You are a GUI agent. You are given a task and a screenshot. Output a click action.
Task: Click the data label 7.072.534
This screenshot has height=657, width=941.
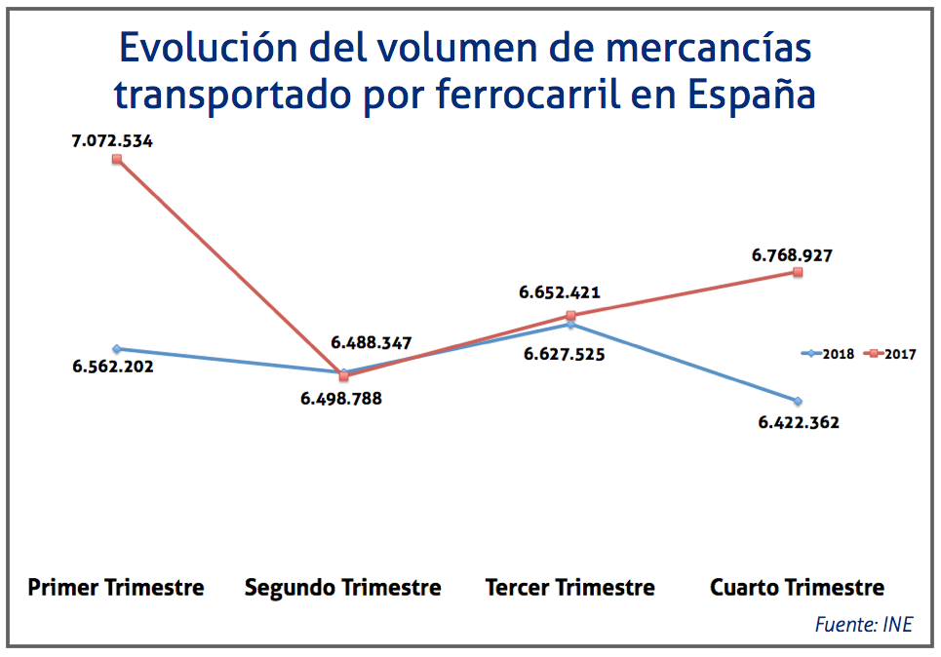point(112,141)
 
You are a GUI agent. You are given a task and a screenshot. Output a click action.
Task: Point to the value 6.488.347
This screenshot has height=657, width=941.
point(371,343)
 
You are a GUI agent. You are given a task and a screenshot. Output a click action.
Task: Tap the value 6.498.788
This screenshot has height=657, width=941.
point(340,398)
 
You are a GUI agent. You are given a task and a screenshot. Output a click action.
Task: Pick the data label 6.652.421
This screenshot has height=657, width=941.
point(559,292)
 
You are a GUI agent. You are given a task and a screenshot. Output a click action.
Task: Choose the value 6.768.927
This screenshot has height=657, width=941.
point(791,255)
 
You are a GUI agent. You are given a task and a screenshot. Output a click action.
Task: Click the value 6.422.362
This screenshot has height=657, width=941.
point(798,423)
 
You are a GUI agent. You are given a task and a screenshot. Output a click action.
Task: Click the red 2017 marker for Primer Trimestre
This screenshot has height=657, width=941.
point(116,159)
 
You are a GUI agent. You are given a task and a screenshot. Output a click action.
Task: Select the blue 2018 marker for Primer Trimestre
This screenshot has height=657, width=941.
point(116,348)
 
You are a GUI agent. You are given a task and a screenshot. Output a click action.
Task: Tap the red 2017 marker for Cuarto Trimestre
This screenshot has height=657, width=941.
point(798,273)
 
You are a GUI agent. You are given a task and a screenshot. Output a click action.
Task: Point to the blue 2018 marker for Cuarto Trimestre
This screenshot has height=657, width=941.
point(798,401)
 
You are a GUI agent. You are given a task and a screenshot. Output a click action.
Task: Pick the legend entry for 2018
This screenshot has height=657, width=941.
point(828,354)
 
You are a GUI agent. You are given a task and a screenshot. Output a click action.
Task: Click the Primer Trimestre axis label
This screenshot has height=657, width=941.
point(116,588)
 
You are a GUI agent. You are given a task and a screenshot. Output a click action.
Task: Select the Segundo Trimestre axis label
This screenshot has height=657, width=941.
point(342,588)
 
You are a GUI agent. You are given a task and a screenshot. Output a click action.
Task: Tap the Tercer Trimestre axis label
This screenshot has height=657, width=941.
point(569,588)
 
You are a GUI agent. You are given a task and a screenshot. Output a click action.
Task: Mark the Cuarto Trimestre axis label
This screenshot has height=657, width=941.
point(797,588)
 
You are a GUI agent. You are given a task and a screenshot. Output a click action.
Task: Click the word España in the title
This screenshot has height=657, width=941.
point(751,96)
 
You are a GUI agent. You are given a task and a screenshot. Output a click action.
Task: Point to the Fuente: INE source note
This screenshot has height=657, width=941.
point(863,625)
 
